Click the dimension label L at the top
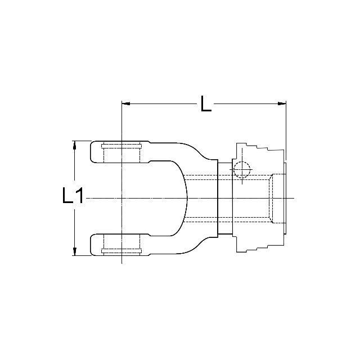(x=206, y=103)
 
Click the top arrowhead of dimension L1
(x=74, y=145)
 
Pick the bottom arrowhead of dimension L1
(x=74, y=251)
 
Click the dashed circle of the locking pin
(x=241, y=169)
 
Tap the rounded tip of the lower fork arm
(x=92, y=243)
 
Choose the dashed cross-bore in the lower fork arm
(x=120, y=243)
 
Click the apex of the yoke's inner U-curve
(x=188, y=197)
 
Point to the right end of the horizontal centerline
(x=293, y=197)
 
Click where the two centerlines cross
(x=121, y=197)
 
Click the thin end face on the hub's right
(x=287, y=197)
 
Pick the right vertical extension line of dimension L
(x=286, y=129)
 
